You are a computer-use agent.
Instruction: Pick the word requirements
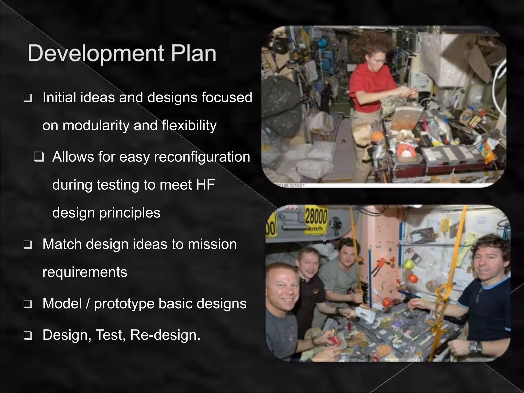coord(85,272)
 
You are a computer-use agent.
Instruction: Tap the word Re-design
coord(165,335)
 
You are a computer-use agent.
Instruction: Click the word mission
coord(212,244)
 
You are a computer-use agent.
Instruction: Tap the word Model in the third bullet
coord(62,303)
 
